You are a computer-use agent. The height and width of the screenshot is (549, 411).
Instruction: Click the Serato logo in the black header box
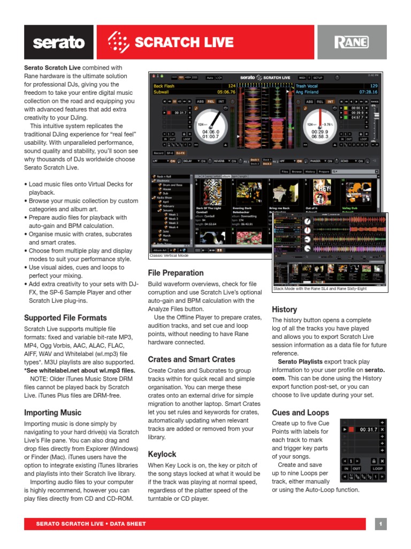pyautogui.click(x=59, y=42)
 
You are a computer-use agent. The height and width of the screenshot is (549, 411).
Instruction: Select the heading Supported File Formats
pyautogui.click(x=65, y=317)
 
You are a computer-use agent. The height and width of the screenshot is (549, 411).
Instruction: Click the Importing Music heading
pyautogui.click(x=52, y=412)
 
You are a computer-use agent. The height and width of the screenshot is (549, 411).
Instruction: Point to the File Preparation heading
pyautogui.click(x=176, y=272)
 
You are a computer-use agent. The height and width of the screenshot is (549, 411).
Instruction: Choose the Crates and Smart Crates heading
pyautogui.click(x=191, y=359)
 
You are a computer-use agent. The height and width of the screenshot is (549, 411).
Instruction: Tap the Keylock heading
pyautogui.click(x=162, y=454)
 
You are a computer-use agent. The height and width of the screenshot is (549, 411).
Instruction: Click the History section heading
pyautogui.click(x=284, y=309)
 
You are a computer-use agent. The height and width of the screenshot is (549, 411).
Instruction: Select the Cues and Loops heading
pyautogui.click(x=300, y=412)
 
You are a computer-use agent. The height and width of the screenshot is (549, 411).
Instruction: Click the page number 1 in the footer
pyautogui.click(x=380, y=524)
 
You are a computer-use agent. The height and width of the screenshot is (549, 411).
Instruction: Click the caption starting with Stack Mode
pyautogui.click(x=319, y=288)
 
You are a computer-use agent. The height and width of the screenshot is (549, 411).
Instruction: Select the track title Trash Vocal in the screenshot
pyautogui.click(x=307, y=86)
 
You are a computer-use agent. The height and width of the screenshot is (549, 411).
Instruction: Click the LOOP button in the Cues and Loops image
pyautogui.click(x=378, y=468)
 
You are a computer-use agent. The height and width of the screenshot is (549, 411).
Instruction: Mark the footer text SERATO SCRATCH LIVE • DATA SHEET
pyautogui.click(x=90, y=524)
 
